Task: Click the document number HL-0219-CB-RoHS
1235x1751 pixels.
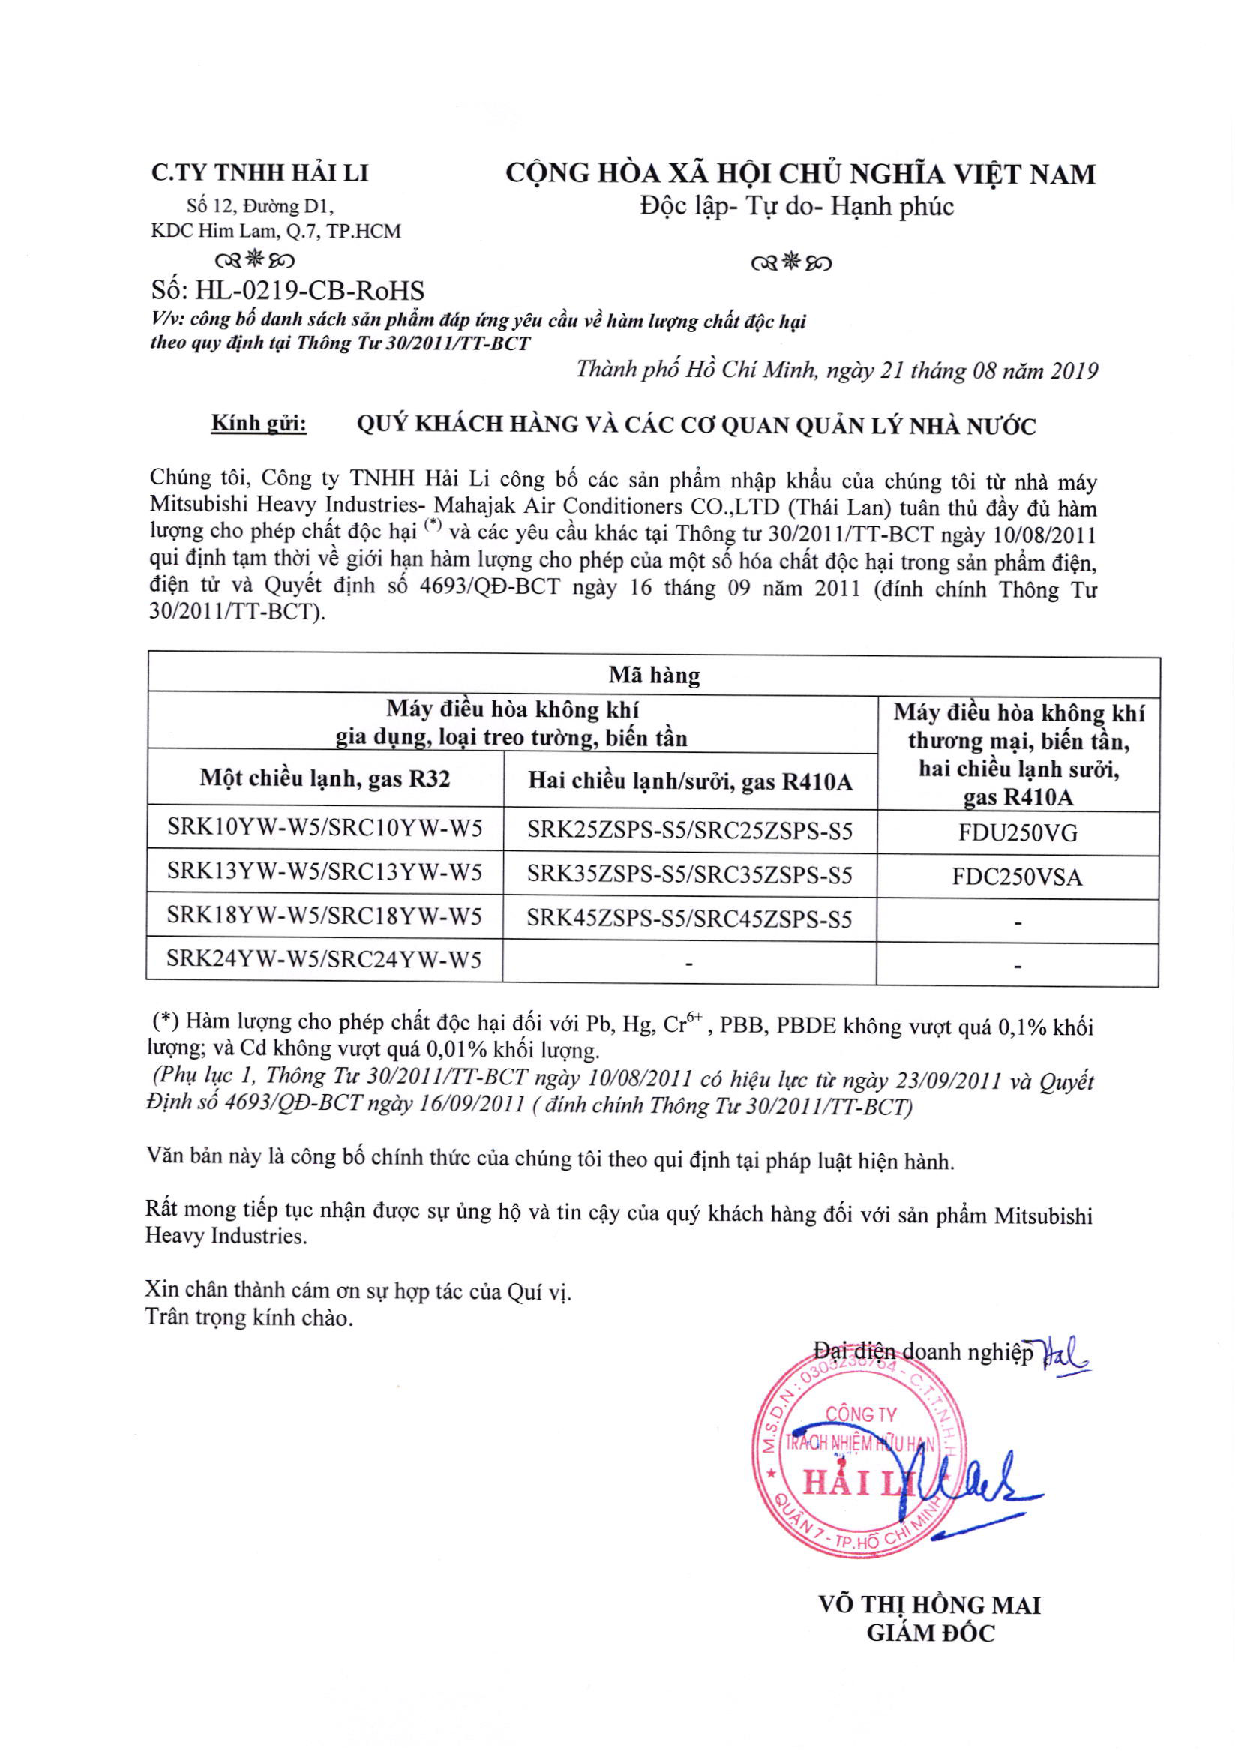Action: pos(288,290)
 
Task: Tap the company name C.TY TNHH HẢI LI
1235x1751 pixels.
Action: pos(259,173)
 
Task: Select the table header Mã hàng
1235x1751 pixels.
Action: pos(654,675)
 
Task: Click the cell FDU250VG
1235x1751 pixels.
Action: pos(1018,833)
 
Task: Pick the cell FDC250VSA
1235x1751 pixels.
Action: pos(1017,877)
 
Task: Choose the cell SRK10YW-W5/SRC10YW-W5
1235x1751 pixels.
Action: pos(324,828)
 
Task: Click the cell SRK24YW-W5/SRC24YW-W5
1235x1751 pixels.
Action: pos(324,958)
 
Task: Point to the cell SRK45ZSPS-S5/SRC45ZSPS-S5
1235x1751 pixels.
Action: pos(689,919)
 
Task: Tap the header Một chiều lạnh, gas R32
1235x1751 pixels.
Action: pos(325,778)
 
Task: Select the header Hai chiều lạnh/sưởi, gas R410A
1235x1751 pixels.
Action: pos(690,781)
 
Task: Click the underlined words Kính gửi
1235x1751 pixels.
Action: pos(259,424)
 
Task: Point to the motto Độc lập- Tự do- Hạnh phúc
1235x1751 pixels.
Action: pos(796,207)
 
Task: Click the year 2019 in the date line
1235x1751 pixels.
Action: pos(1073,371)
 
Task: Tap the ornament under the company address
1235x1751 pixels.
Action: pos(255,261)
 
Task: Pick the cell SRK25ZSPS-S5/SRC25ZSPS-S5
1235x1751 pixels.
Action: pos(690,830)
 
